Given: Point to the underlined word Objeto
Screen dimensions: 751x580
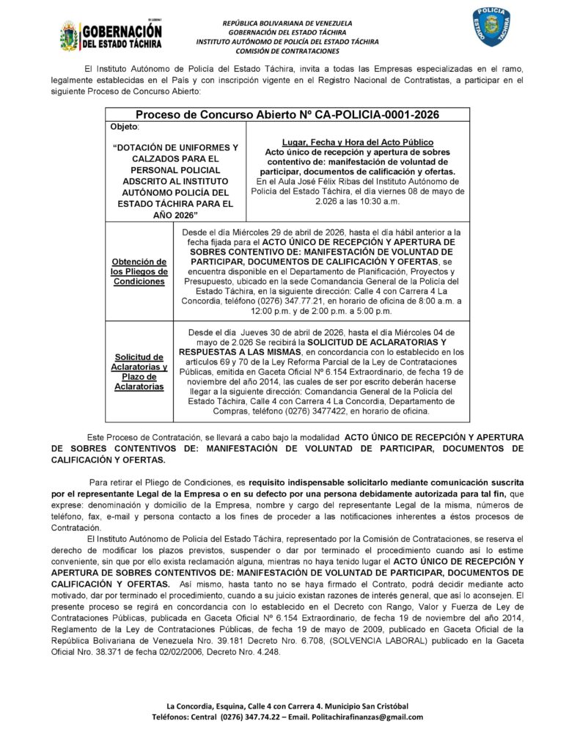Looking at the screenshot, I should tap(123, 127).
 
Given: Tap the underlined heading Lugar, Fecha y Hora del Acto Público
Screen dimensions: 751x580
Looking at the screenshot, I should tap(357, 142).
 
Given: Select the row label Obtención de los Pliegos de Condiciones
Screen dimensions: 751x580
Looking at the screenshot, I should tap(139, 271).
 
